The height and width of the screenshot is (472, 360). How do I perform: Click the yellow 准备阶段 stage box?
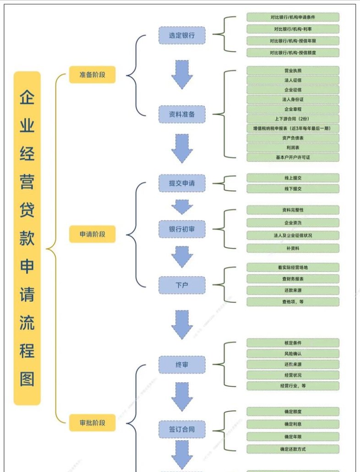92,74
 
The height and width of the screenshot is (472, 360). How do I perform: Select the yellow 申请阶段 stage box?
92,234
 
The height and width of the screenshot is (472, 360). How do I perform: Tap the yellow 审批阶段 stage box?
92,423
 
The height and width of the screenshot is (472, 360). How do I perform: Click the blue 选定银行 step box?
182,35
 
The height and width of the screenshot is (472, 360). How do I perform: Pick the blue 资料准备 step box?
182,114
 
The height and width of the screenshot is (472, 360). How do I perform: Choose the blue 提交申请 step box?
182,183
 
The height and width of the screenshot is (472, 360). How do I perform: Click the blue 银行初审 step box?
182,229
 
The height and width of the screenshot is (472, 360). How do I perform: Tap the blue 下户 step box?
182,285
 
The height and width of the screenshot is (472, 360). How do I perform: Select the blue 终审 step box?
182,365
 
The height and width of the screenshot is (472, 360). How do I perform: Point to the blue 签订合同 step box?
182,429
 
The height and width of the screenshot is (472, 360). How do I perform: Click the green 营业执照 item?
293,71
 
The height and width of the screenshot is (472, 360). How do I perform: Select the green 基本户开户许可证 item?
293,157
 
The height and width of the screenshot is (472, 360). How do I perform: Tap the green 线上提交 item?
293,178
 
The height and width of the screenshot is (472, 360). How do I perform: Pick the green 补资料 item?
293,248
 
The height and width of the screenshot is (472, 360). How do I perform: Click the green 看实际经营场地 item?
293,267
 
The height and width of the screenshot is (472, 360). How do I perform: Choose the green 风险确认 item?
293,353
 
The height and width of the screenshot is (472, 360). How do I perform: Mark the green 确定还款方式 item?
293,449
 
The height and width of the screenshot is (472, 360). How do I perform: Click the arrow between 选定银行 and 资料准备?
182,74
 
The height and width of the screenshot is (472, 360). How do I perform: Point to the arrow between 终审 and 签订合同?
182,397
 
